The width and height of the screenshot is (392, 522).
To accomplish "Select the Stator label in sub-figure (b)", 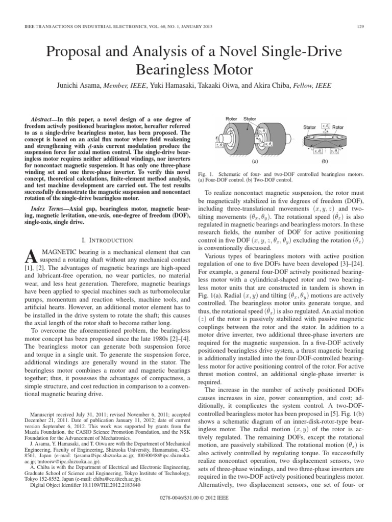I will [310, 127].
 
